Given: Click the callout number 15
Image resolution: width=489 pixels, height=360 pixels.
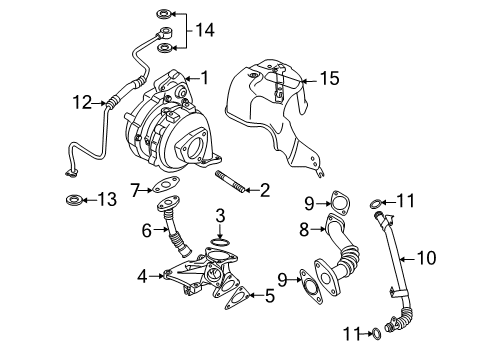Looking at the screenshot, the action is tap(329, 79).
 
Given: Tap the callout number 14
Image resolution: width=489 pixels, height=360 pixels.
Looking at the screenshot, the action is tap(205, 30).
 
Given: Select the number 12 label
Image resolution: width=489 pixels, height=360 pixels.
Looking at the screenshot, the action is tap(82, 102).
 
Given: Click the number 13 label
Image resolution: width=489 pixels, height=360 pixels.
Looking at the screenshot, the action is tap(107, 199).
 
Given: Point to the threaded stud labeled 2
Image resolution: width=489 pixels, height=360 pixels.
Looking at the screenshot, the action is tap(231, 181).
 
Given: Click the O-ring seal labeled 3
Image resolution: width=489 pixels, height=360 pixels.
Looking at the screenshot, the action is tap(220, 242).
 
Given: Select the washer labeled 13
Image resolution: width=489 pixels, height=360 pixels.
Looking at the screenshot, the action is tap(74, 200).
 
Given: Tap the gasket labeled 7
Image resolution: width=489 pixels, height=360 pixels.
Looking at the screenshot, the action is tap(165, 184).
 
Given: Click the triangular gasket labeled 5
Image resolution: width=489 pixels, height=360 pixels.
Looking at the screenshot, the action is tap(237, 297).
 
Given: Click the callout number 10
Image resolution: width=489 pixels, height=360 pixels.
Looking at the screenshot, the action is tap(426, 258).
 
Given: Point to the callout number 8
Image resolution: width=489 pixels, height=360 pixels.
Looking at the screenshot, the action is tap(304, 230).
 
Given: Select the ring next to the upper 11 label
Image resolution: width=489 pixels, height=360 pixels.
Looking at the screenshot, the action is tap(376, 203).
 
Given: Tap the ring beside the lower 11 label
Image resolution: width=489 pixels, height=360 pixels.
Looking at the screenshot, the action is tap(376, 334).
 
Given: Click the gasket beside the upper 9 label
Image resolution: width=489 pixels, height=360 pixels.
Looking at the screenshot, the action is tap(340, 202).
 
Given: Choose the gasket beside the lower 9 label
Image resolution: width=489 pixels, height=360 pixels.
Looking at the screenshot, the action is tap(310, 287).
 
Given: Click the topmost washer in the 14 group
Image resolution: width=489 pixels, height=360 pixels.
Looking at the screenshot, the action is tap(164, 14).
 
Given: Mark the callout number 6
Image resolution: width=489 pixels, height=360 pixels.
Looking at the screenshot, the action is tap(147, 230).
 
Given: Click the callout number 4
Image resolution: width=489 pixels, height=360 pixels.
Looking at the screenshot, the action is tap(142, 276).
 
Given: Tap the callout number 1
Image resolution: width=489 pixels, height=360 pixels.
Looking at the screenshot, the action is tap(205, 78).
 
